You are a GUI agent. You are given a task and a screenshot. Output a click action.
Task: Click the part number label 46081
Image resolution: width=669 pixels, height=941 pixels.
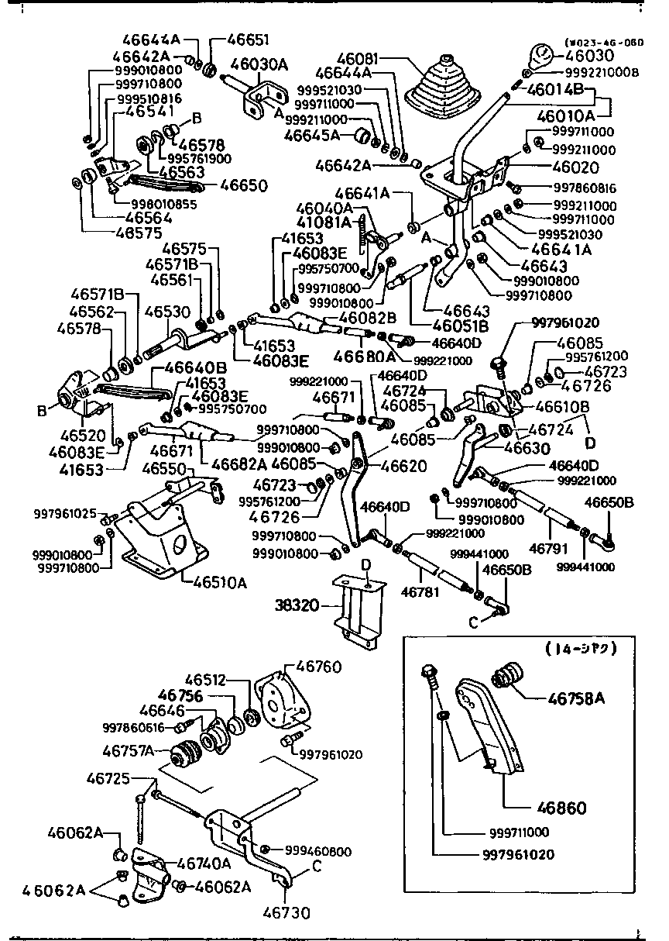pos(359,58)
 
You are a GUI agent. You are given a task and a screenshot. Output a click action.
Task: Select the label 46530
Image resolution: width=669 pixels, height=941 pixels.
pos(167,312)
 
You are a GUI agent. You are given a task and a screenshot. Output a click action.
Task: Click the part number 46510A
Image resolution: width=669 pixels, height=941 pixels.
pos(216,582)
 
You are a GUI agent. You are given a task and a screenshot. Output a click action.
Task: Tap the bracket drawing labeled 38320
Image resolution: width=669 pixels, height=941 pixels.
pos(357,609)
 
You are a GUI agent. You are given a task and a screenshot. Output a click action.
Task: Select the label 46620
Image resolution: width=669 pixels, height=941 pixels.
pos(403,466)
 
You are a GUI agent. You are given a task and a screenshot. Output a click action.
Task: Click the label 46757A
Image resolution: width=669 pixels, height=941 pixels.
pos(129,750)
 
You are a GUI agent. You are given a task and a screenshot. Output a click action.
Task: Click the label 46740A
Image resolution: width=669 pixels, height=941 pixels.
pos(204,863)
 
